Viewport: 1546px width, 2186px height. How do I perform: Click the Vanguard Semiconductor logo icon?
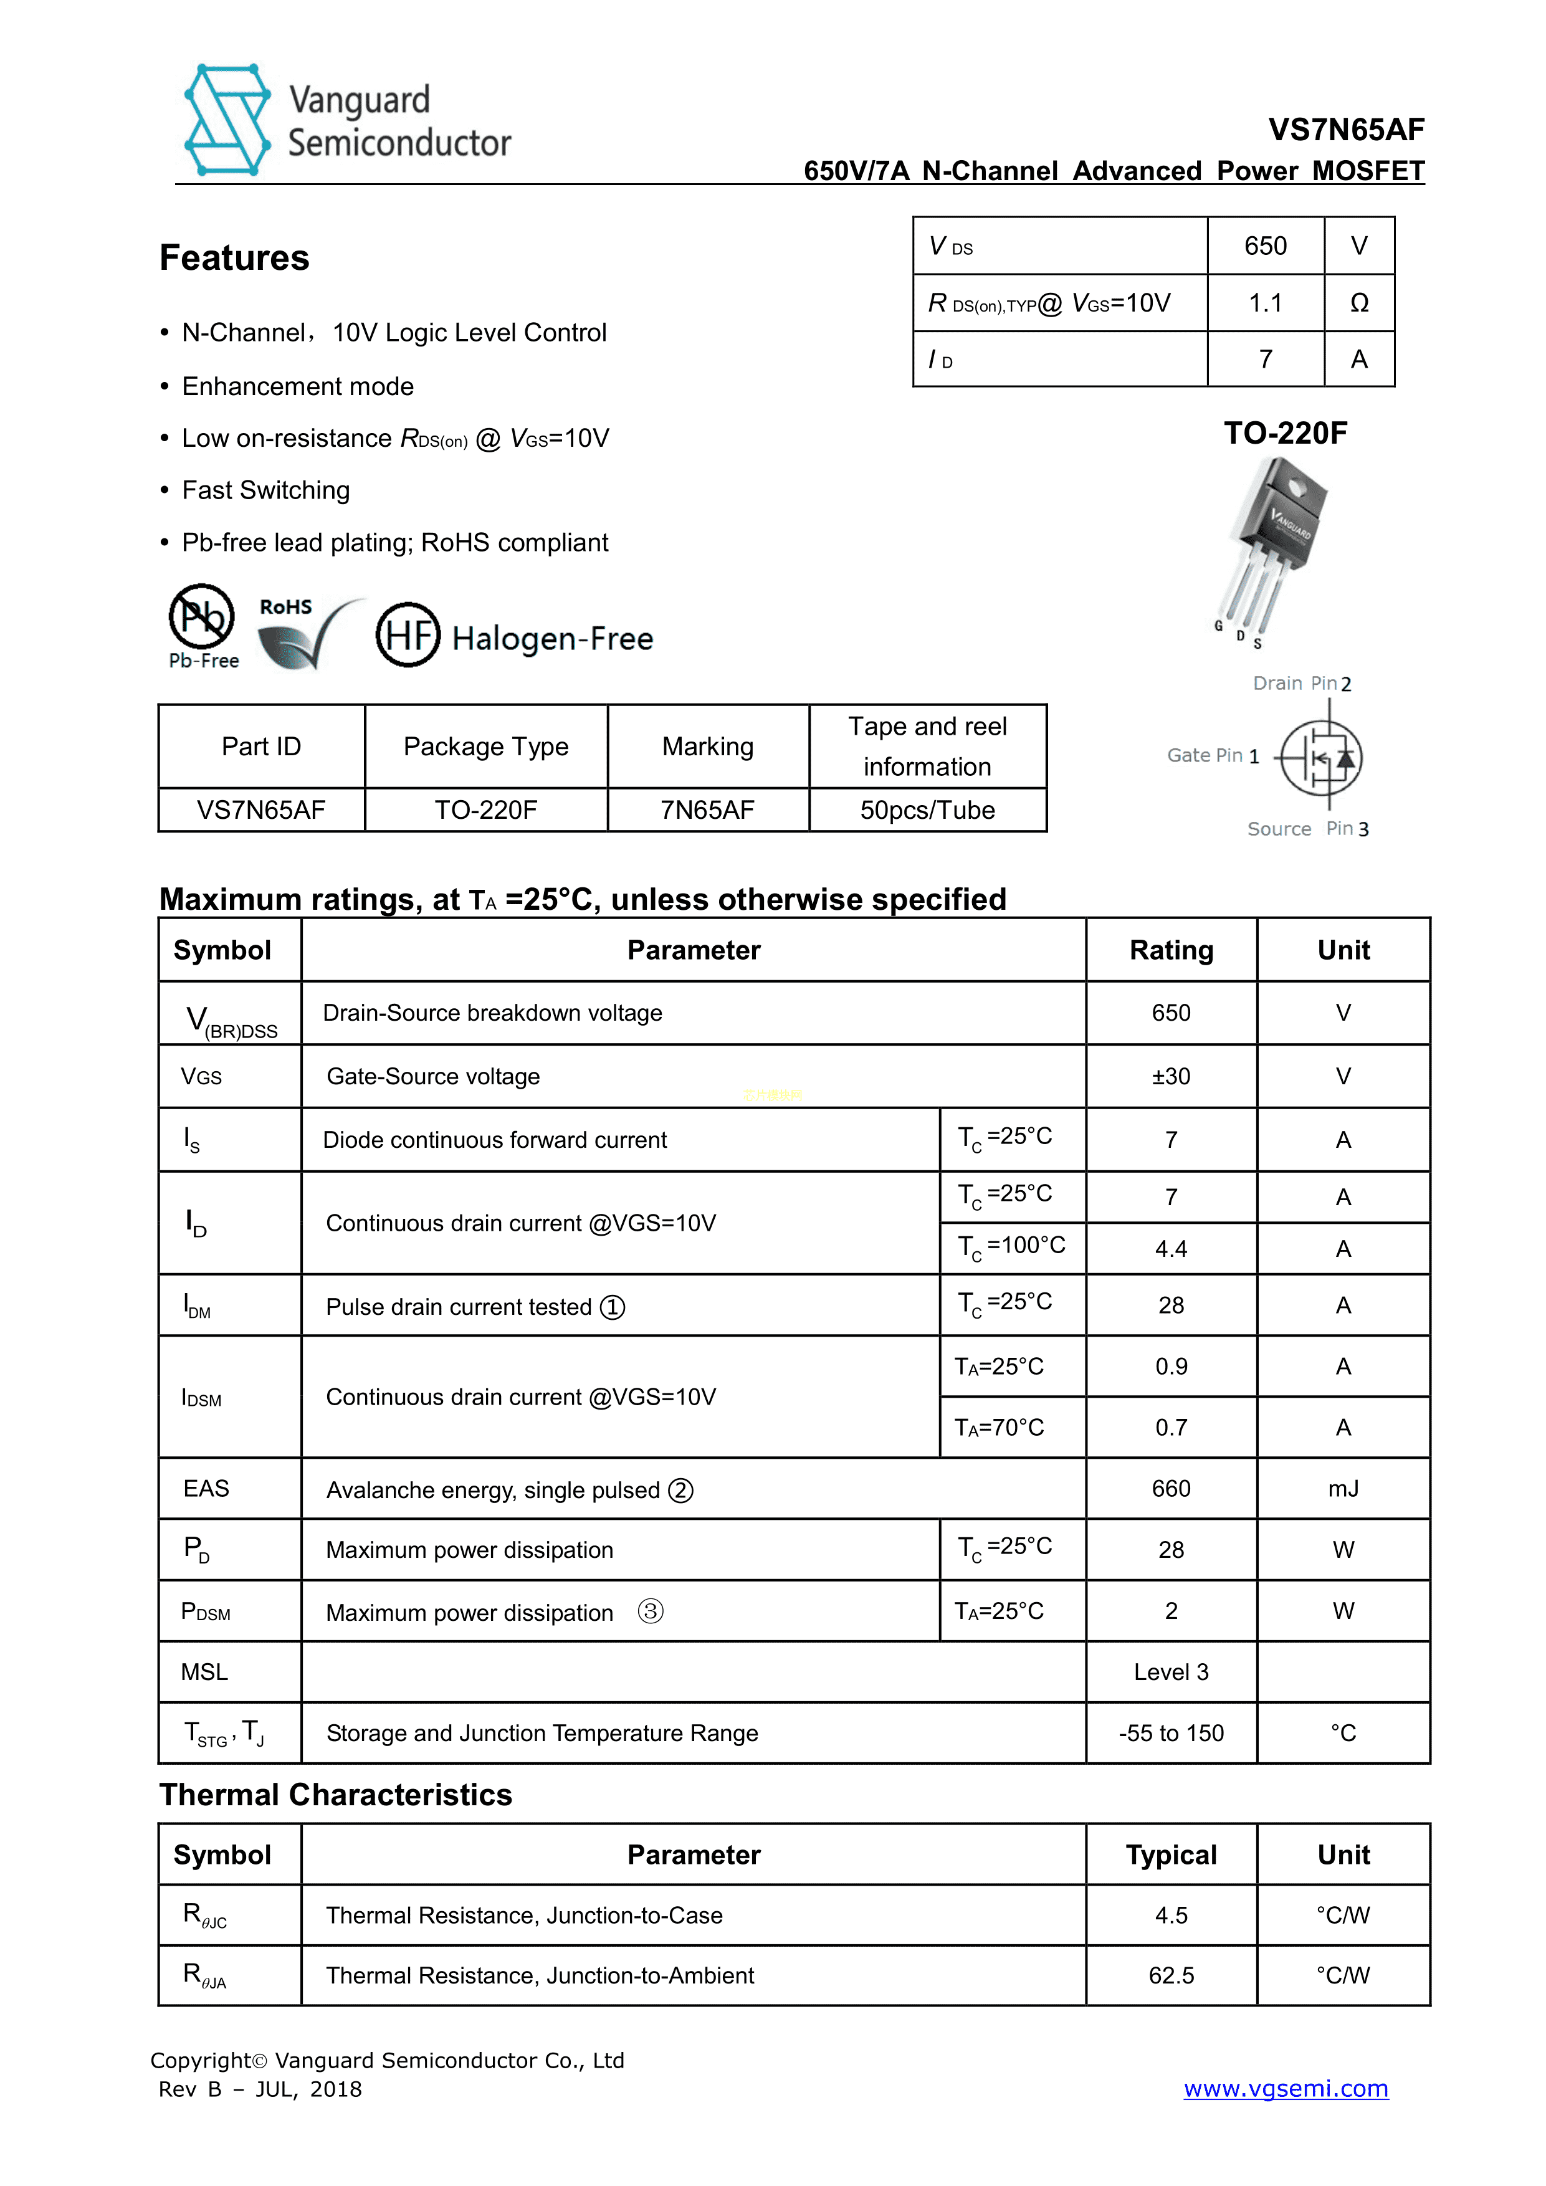(227, 120)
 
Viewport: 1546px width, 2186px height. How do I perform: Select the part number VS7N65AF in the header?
(1345, 130)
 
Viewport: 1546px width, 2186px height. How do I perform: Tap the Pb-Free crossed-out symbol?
(202, 616)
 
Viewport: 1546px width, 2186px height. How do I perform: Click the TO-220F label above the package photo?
(1285, 433)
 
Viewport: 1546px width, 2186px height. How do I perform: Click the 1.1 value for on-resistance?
(1265, 303)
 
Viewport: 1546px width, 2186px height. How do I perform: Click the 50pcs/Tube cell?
(927, 810)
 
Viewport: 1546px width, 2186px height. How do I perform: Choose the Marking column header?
(707, 747)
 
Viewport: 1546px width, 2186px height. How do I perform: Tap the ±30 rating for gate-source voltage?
(1171, 1077)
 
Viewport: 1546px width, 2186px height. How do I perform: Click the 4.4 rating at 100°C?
(1171, 1249)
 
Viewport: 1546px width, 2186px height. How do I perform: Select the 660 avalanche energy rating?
(1171, 1489)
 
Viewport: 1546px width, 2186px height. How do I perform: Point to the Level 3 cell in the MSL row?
(1171, 1673)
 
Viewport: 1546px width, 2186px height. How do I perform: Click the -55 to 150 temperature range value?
(1171, 1734)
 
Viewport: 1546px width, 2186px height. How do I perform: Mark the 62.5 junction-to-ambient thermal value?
(1171, 1975)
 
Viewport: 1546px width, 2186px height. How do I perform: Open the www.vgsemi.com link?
(1285, 2089)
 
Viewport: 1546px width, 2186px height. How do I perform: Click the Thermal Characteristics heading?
(335, 1795)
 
